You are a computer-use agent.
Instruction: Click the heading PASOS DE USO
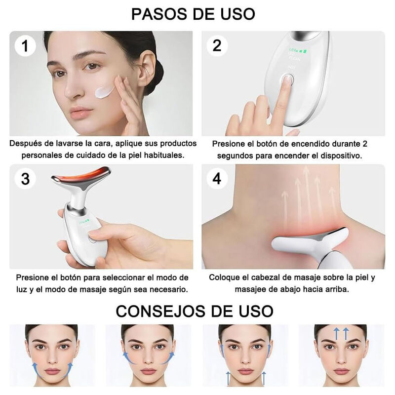[x=194, y=14]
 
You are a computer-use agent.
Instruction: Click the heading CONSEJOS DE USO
[x=194, y=311]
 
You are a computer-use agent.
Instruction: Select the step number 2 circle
[x=217, y=46]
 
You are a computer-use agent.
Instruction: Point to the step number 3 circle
[x=25, y=179]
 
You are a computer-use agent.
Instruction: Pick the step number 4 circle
[x=217, y=179]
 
